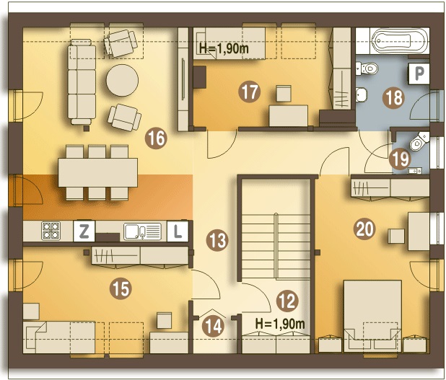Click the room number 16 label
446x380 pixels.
click(x=156, y=138)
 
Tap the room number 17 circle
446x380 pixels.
click(x=250, y=92)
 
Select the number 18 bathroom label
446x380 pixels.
click(x=394, y=98)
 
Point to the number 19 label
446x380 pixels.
click(x=401, y=159)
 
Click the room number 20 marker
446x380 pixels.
click(x=364, y=229)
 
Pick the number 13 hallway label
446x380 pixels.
click(x=217, y=240)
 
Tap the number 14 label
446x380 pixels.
click(x=214, y=326)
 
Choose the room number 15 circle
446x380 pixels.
click(x=121, y=288)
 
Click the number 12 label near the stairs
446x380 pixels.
click(x=287, y=301)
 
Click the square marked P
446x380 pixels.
click(x=419, y=74)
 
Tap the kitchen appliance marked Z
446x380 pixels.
click(x=84, y=231)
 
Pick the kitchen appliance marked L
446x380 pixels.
click(x=178, y=231)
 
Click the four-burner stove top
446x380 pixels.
click(x=51, y=231)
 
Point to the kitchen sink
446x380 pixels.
click(x=142, y=231)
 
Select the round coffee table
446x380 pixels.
click(x=122, y=81)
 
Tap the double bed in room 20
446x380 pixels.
click(x=372, y=316)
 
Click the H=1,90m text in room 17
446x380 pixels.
click(x=224, y=48)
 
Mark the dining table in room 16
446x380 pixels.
click(x=98, y=172)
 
